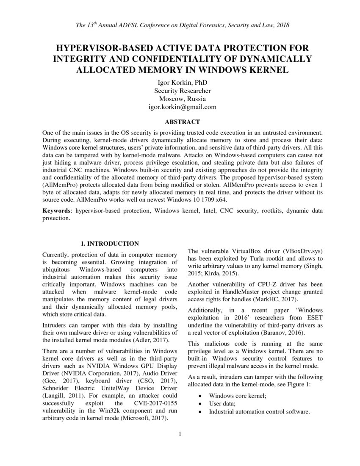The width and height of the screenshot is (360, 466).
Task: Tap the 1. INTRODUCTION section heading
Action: [110, 244]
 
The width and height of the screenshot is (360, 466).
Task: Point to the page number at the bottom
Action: [180, 433]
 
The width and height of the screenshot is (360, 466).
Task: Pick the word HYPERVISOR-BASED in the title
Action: [97, 47]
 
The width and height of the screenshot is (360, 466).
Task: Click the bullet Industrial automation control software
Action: [259, 411]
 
